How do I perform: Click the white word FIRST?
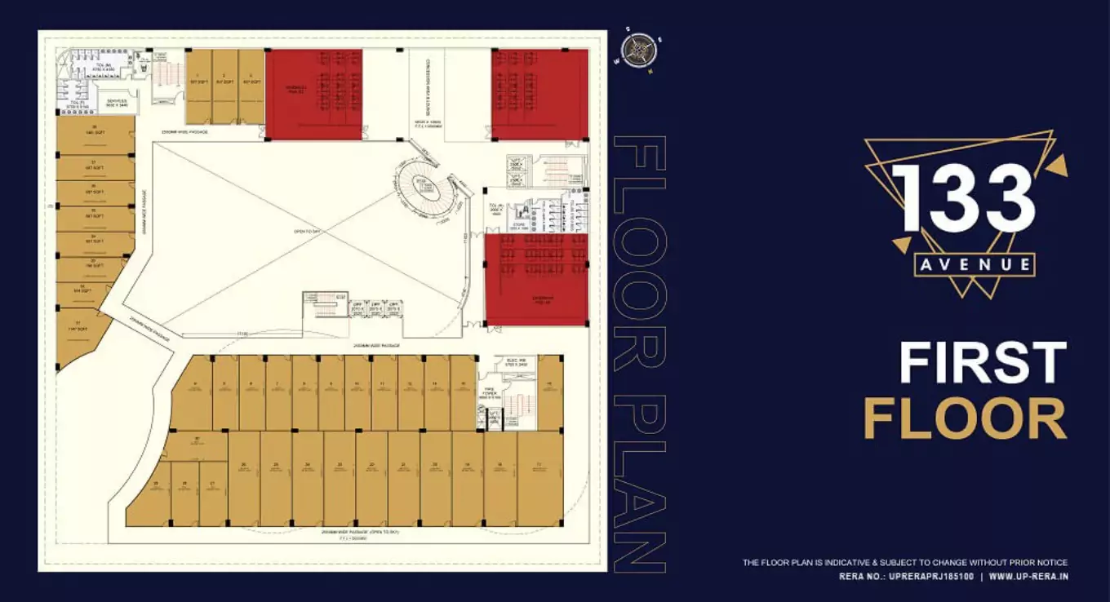pos(983,363)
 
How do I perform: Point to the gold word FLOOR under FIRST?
pos(965,419)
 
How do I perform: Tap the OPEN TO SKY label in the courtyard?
pos(308,232)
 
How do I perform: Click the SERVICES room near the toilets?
pos(117,104)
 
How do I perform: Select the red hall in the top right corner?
pos(539,94)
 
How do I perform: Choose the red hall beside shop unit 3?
pos(314,94)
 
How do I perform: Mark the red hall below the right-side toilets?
pos(536,279)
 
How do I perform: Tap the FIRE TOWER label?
pos(490,392)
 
